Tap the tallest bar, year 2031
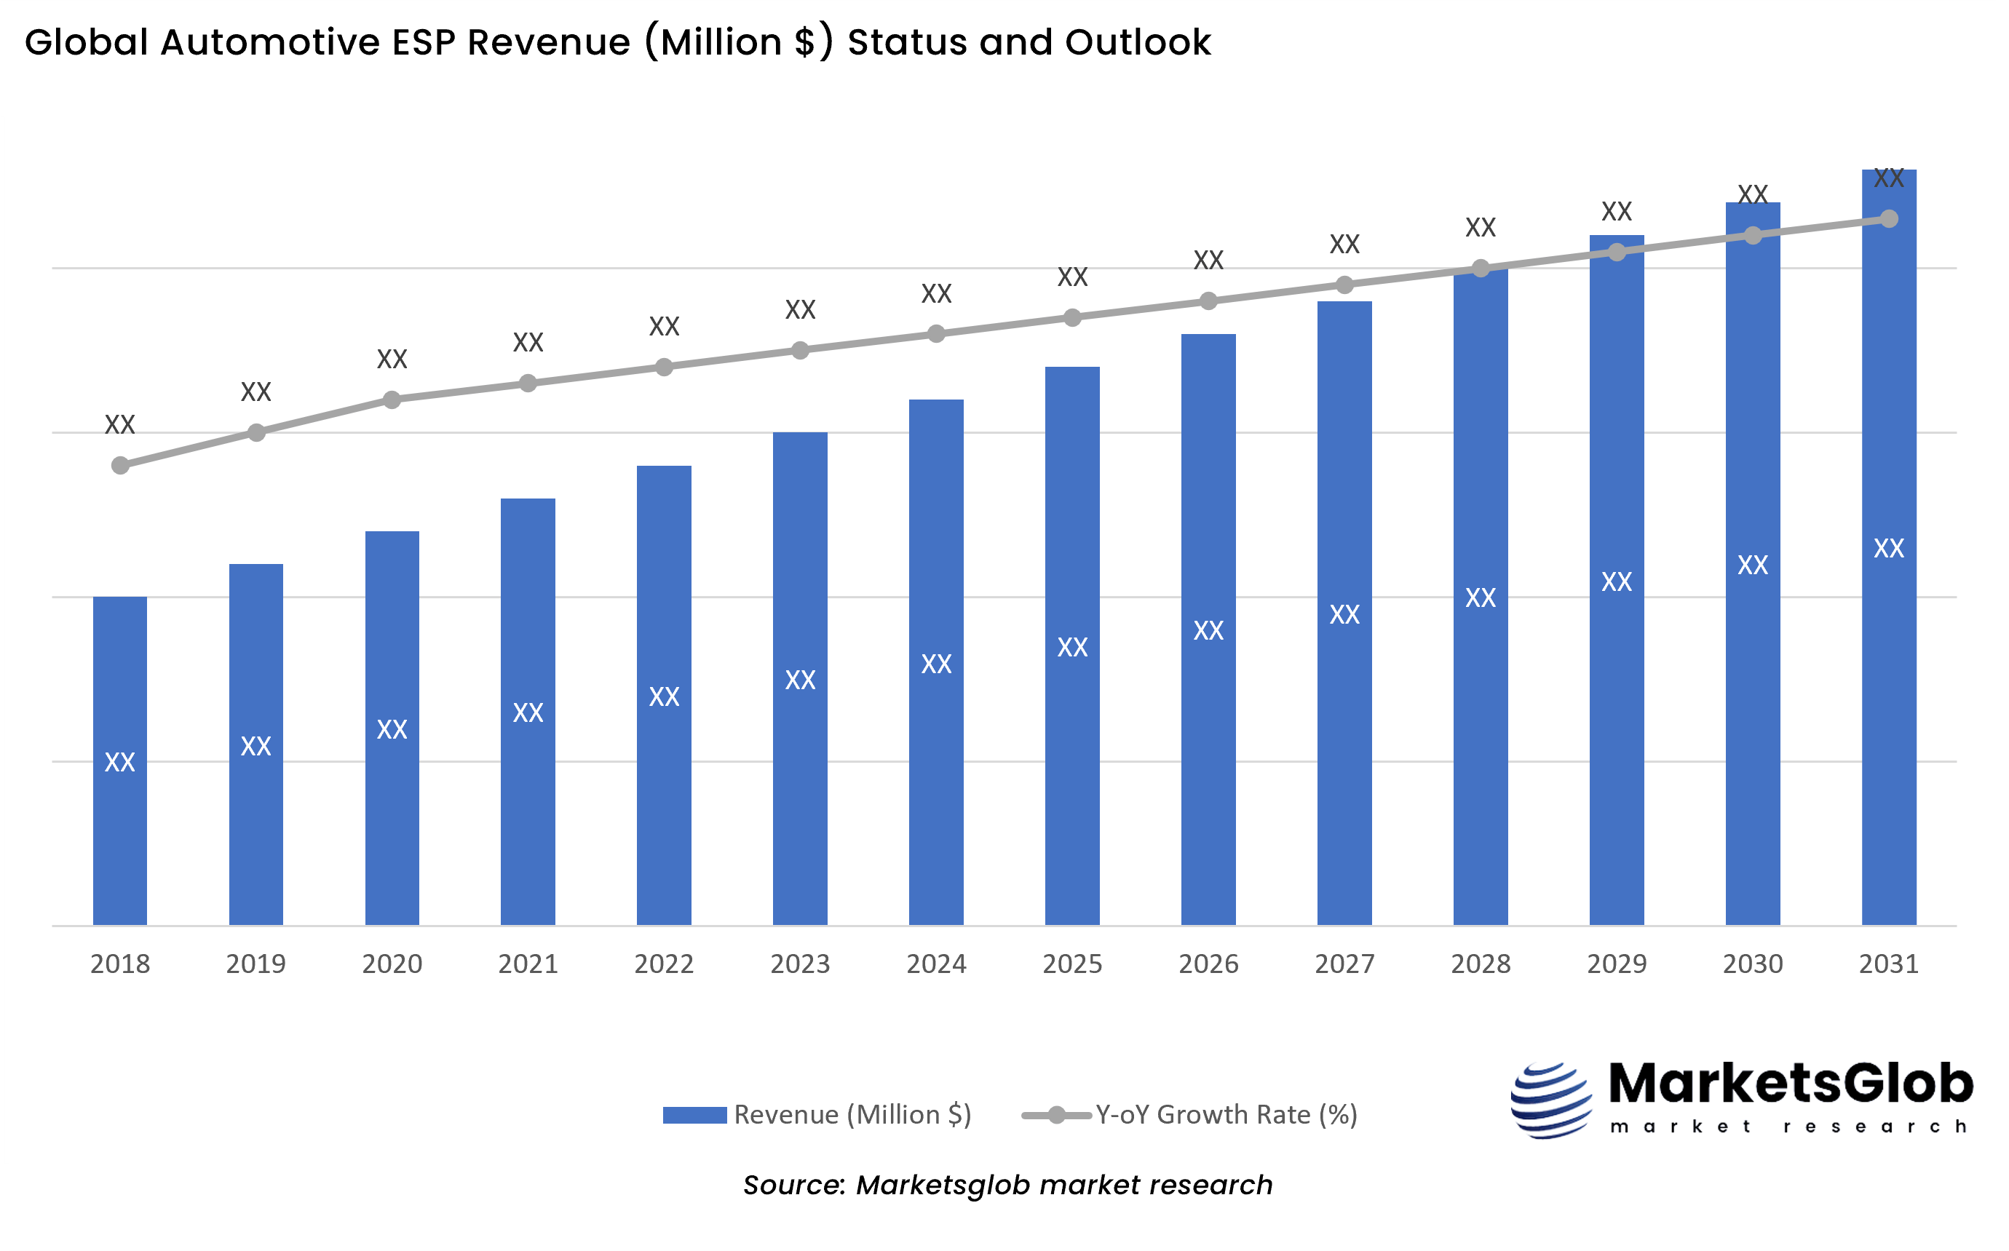[x=1888, y=662]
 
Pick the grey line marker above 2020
[x=392, y=400]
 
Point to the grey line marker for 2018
[x=120, y=466]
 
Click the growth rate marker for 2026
[x=1208, y=301]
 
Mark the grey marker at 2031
[x=1889, y=219]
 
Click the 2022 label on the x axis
[x=664, y=964]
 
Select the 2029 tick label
[x=1616, y=964]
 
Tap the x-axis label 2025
[x=1071, y=964]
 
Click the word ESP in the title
[x=424, y=42]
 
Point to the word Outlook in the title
[x=1138, y=42]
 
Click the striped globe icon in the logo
[x=1550, y=1100]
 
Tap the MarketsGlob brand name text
[x=1791, y=1084]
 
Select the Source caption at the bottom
[x=1007, y=1185]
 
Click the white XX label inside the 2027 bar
[x=1344, y=615]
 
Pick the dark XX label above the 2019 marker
[x=255, y=392]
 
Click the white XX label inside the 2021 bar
[x=528, y=713]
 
